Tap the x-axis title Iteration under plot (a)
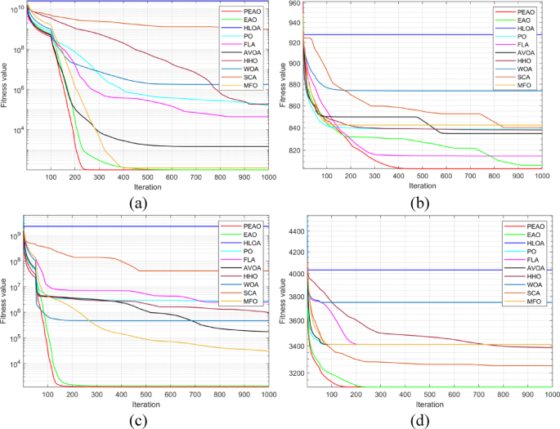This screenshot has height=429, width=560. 147,187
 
